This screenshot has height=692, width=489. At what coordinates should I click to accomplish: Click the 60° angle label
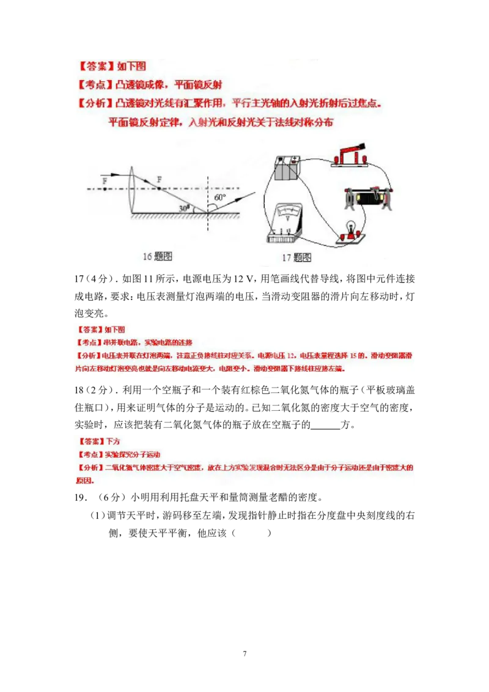pyautogui.click(x=220, y=197)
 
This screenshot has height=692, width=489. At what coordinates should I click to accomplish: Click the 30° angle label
pyautogui.click(x=183, y=207)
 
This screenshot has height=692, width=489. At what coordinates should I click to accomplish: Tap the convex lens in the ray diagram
pyautogui.click(x=134, y=190)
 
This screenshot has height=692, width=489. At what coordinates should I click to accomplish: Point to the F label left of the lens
pyautogui.click(x=105, y=182)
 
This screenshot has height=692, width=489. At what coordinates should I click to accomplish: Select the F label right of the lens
pyautogui.click(x=160, y=179)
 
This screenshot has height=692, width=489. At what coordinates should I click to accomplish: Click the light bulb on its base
pyautogui.click(x=352, y=230)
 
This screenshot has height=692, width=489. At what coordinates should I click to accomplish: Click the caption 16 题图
pyautogui.click(x=157, y=257)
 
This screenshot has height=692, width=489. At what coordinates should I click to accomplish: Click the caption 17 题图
pyautogui.click(x=296, y=257)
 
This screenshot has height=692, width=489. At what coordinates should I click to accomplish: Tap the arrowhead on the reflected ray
pyautogui.click(x=252, y=195)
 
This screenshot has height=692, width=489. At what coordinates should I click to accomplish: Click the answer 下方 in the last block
pyautogui.click(x=114, y=440)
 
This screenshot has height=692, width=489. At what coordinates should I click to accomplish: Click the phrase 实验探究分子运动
pyautogui.click(x=132, y=455)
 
